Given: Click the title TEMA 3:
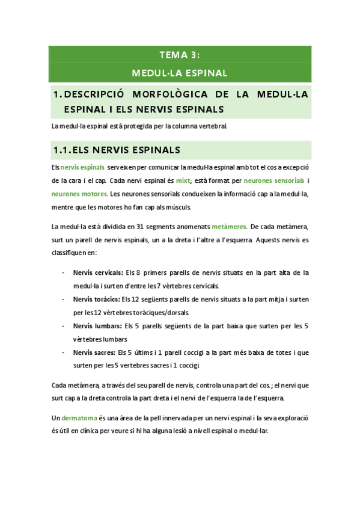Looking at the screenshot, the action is [180, 55].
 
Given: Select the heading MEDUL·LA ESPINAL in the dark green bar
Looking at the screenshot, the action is [180, 73].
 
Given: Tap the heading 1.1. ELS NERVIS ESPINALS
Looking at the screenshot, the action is [117, 150].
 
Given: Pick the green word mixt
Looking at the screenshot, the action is [183, 180].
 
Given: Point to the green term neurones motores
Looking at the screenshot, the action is [79, 194].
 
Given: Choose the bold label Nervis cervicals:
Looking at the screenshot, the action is [98, 272].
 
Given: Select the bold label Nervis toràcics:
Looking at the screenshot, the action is [96, 299].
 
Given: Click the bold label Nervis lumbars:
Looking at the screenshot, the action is [97, 326].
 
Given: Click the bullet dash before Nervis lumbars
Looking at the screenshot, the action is [64, 326].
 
